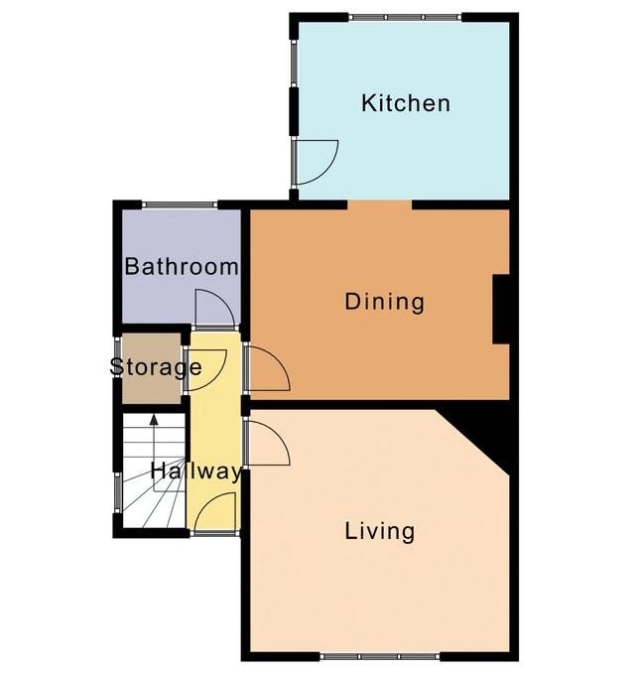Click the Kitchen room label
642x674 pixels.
406,103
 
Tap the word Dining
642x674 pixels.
385,302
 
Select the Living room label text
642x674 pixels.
380,531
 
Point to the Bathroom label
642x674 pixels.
182,266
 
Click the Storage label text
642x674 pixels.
156,367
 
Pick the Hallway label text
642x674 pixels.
195,472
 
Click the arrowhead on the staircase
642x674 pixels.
154,420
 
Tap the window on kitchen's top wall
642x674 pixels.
405,18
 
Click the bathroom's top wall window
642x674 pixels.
180,204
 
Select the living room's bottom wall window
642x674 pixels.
380,656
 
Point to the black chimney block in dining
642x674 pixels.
501,309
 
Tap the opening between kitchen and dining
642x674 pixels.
380,204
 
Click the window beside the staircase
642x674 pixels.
117,492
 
